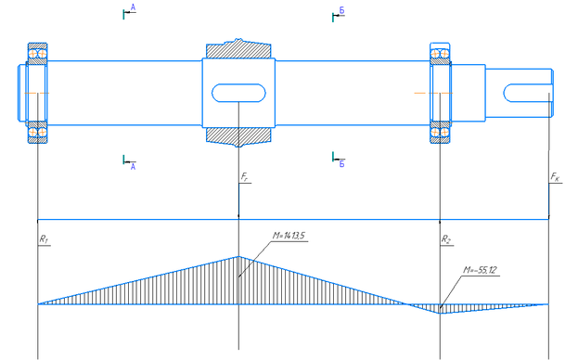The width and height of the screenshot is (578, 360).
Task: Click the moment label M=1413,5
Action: point(289,236)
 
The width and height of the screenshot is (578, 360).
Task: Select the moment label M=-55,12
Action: point(480,270)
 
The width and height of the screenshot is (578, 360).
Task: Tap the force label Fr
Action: point(244,177)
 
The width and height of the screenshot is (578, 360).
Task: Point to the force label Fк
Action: point(555,177)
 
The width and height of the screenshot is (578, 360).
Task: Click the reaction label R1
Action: point(44,239)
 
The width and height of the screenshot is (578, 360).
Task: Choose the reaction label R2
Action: point(445,239)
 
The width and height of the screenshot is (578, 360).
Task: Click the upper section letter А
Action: point(133,7)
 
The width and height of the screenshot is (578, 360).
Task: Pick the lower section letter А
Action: point(133,167)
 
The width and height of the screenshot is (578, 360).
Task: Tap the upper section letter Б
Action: point(341,11)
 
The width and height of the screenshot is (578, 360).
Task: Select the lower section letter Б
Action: point(341,163)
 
